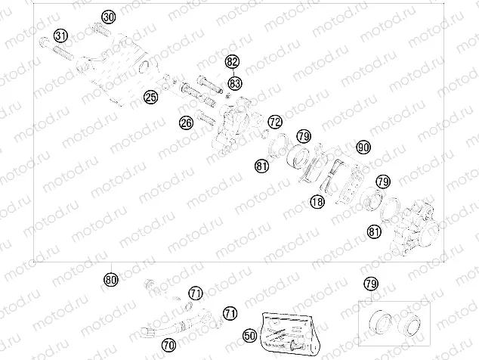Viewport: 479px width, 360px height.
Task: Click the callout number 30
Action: pos(109,17)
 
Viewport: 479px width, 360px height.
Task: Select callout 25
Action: pos(151,96)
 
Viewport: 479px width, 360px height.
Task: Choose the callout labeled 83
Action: pos(235,82)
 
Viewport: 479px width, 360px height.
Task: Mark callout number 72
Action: pos(274,121)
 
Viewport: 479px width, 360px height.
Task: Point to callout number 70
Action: pos(168,344)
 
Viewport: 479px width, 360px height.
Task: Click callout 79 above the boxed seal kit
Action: pos(369,284)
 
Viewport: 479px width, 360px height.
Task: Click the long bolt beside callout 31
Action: pos(60,53)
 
